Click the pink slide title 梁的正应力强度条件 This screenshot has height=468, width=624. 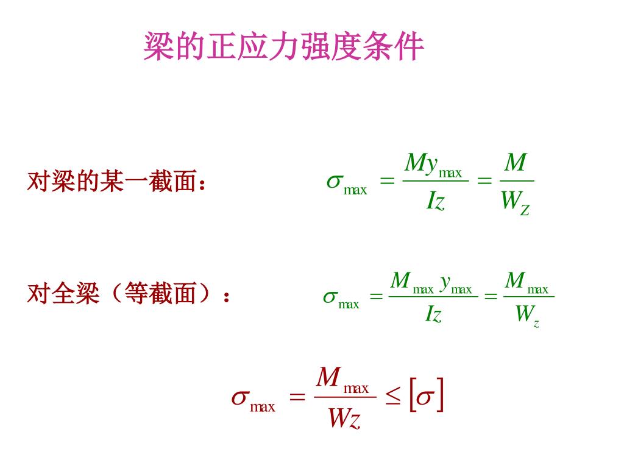click(283, 46)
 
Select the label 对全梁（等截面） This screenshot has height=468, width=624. click(129, 295)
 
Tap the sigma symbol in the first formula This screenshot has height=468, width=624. click(335, 181)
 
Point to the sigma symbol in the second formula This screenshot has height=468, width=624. click(330, 297)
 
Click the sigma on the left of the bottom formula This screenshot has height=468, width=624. click(239, 398)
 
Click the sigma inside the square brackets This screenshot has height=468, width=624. click(425, 397)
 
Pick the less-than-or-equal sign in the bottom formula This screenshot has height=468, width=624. click(393, 398)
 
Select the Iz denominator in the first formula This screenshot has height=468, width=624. click(435, 201)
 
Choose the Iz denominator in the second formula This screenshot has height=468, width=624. click(433, 314)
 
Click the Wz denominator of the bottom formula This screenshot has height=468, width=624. click(343, 419)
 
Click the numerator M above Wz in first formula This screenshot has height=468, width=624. click(516, 163)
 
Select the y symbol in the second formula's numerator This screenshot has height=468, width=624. click(446, 282)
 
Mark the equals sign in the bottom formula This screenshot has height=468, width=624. click(297, 398)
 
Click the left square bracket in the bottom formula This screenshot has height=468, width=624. click(413, 396)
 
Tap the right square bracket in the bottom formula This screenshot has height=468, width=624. click(439, 396)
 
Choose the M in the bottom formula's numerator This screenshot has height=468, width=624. click(328, 378)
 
